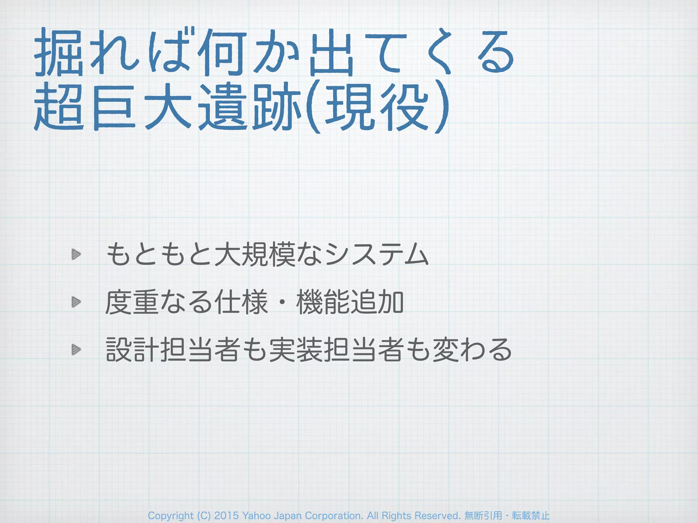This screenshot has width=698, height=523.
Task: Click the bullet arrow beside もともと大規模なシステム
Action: click(x=76, y=254)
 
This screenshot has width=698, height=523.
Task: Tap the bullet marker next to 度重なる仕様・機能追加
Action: click(x=76, y=302)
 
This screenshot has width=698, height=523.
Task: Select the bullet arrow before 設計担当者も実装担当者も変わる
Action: click(x=76, y=349)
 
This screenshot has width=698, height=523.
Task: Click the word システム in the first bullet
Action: click(x=377, y=254)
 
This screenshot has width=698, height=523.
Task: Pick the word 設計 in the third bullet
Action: click(x=133, y=350)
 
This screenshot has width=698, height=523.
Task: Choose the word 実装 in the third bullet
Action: click(x=296, y=350)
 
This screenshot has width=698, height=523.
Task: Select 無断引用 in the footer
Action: click(x=483, y=516)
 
